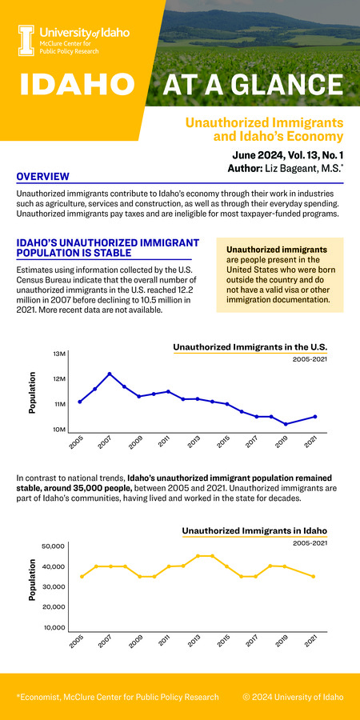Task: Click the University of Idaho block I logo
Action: (26, 38)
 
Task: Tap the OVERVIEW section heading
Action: (42, 177)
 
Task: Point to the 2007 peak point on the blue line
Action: (110, 374)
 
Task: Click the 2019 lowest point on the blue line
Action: (286, 424)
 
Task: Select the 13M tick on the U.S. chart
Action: (59, 354)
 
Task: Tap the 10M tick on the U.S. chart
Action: (59, 430)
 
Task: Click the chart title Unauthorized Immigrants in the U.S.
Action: (250, 346)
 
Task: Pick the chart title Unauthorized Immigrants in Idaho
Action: (254, 530)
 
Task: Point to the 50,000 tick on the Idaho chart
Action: (51, 546)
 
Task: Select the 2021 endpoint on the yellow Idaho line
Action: (314, 576)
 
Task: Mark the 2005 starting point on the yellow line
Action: (82, 576)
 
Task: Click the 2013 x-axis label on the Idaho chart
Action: (193, 642)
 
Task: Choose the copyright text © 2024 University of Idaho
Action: (293, 697)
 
